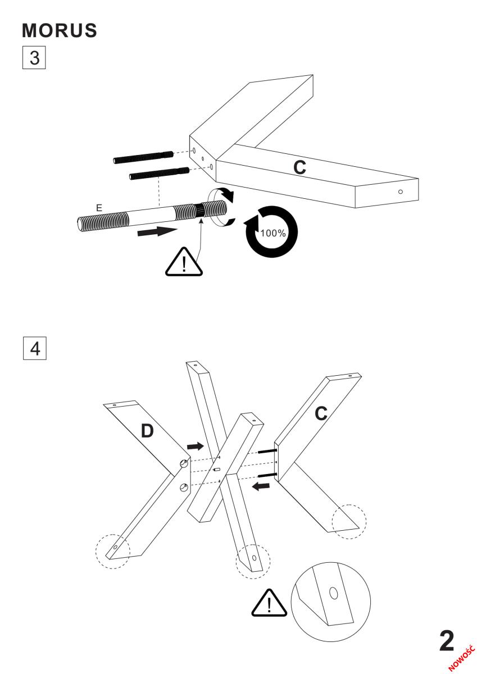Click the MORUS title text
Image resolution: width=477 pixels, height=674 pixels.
(60, 30)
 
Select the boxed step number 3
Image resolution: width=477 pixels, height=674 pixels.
(34, 57)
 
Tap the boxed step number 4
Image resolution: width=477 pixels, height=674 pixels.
(35, 348)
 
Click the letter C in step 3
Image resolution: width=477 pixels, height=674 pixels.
(299, 167)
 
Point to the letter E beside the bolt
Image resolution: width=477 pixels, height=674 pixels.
(99, 208)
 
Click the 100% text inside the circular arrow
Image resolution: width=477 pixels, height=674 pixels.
(273, 233)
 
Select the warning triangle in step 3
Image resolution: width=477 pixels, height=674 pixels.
(184, 262)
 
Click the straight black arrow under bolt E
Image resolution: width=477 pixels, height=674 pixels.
(157, 231)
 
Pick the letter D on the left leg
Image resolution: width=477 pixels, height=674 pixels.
(147, 431)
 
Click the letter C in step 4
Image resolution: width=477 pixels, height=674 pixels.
(321, 413)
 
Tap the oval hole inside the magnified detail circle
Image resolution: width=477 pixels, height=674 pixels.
(333, 593)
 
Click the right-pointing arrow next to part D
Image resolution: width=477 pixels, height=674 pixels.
(196, 446)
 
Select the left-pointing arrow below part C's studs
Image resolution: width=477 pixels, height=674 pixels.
(261, 486)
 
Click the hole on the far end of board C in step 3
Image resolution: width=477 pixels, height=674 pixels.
(400, 192)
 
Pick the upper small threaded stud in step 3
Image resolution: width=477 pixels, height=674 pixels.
(143, 157)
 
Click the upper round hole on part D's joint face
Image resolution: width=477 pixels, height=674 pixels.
(183, 464)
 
